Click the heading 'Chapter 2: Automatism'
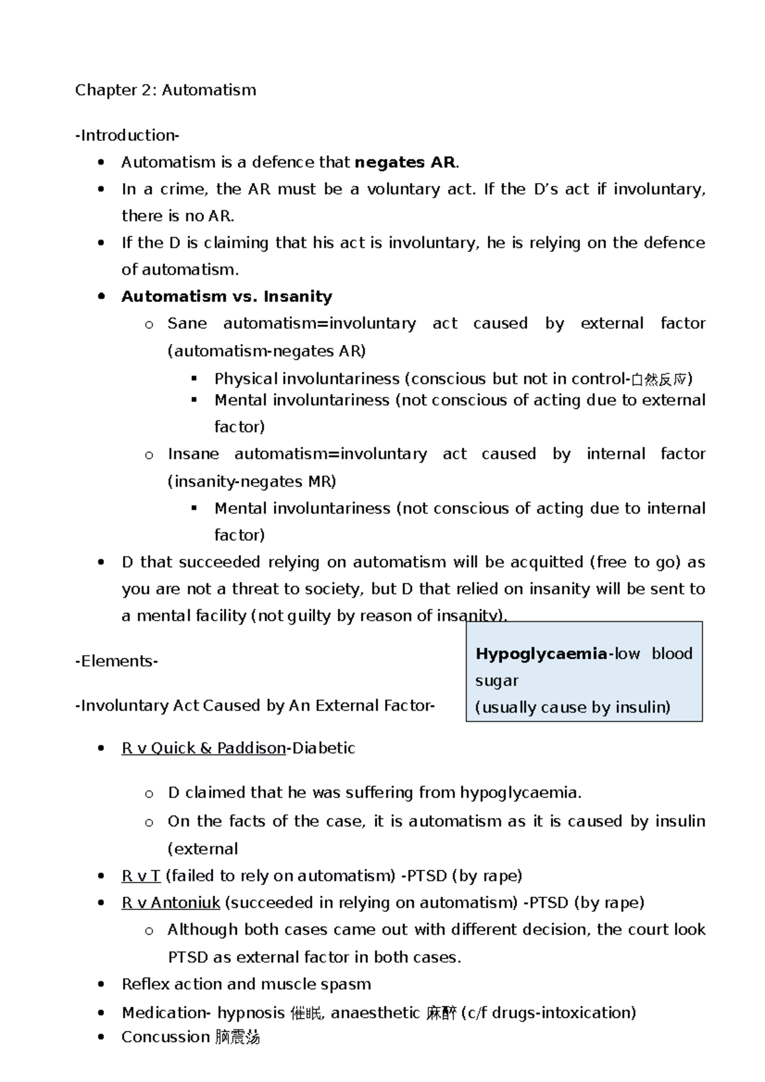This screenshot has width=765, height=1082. click(x=165, y=90)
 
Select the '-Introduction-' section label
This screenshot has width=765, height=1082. click(x=127, y=135)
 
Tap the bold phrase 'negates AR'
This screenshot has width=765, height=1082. click(x=405, y=162)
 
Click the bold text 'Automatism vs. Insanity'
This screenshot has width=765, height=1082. click(x=226, y=297)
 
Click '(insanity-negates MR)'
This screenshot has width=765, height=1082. click(x=251, y=481)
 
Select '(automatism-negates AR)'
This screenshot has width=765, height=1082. click(x=266, y=351)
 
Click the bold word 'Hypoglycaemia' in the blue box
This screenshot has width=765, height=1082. click(x=541, y=654)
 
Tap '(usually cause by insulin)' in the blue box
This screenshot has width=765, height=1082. click(x=572, y=707)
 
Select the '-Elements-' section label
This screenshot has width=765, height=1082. click(x=116, y=661)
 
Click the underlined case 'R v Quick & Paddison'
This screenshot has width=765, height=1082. click(x=203, y=748)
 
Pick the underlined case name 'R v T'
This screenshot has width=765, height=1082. click(x=140, y=876)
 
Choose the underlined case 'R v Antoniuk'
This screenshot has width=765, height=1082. click(x=170, y=903)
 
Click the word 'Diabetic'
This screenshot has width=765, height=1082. click(x=323, y=748)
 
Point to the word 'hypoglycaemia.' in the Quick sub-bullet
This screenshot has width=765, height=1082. click(x=520, y=793)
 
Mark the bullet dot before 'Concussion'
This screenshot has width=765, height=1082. click(x=101, y=1037)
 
